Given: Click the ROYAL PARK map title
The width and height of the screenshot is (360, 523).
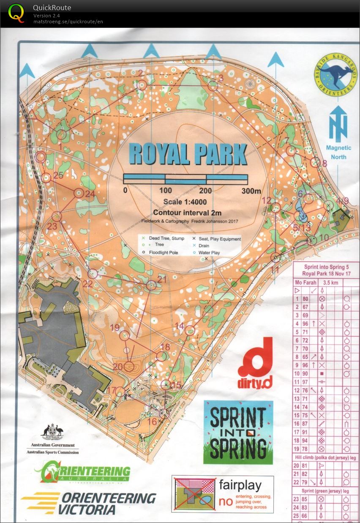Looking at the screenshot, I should click(188, 154).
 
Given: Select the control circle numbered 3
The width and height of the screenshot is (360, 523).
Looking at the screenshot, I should click(213, 86).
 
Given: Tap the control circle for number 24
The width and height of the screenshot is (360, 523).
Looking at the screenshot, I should click(79, 193).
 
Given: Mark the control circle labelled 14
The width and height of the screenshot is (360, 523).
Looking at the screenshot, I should click(190, 330).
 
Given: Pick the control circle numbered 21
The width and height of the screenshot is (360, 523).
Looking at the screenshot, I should click(151, 286).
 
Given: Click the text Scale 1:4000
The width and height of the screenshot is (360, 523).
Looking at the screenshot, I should click(187, 203).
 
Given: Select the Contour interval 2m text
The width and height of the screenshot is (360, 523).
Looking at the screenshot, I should click(187, 213).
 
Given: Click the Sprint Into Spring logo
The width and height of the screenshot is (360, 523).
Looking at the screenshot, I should click(238, 432).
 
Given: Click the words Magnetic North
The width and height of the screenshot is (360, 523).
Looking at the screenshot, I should click(338, 152).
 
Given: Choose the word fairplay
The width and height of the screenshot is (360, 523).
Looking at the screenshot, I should click(240, 485).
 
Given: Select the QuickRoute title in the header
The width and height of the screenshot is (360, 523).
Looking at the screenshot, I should click(52, 8).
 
